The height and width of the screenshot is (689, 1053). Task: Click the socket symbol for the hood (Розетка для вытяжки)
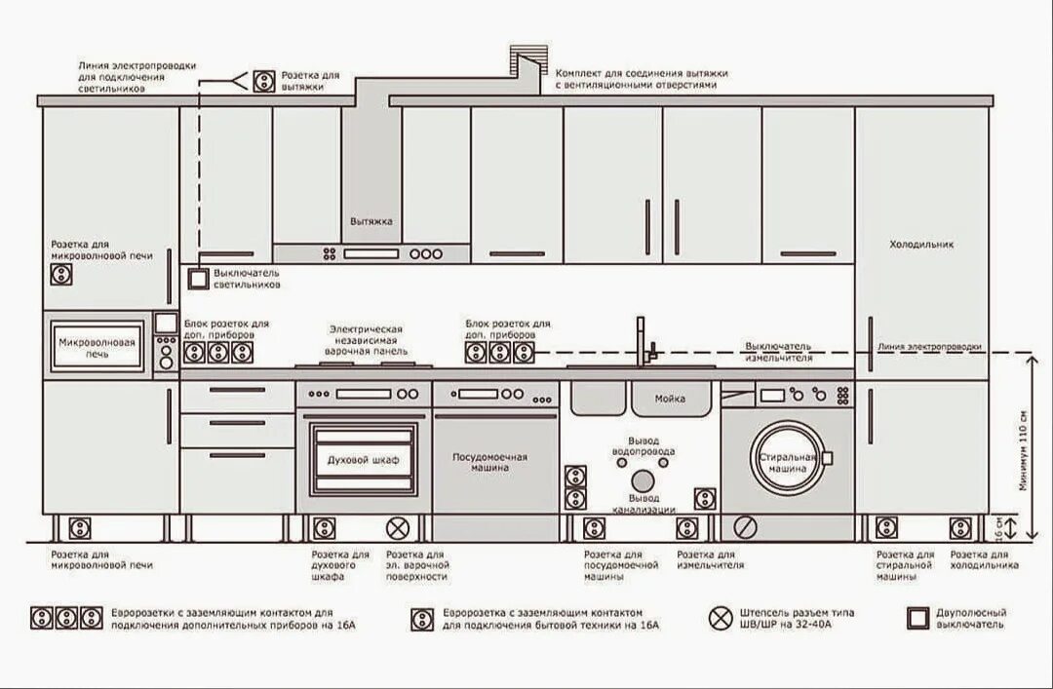pos(263,80)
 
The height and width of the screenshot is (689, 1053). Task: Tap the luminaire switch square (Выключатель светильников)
pos(199,279)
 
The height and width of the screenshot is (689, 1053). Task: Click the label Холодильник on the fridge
pos(921,245)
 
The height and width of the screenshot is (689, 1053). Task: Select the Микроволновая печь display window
pos(97,349)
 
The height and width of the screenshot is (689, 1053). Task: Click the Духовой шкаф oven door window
pos(363,459)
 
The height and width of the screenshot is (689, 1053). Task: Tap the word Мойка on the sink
pos(670,399)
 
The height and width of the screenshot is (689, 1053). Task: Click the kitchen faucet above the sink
pos(642,341)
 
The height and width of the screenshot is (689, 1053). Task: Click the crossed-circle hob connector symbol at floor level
pos(397,528)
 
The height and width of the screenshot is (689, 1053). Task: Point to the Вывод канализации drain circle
pos(643,480)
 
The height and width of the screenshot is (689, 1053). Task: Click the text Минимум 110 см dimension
pos(1023,463)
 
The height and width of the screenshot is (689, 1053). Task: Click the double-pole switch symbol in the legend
pos(916,619)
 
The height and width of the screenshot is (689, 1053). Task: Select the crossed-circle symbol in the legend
pos(721,618)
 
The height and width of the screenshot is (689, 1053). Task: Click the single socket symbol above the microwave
pos(60,275)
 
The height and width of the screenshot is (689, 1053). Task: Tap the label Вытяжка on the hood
pos(370,221)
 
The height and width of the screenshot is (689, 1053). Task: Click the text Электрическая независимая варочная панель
pos(366,340)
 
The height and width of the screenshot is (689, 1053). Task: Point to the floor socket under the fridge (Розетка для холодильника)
pos(960,528)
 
